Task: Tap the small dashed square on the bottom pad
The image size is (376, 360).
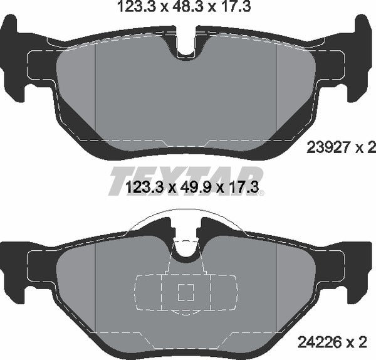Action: click(185, 292)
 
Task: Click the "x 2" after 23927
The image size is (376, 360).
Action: click(364, 148)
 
